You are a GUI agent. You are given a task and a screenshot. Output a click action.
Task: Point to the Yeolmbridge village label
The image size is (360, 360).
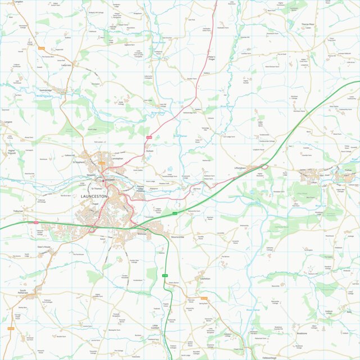[x=45, y=90]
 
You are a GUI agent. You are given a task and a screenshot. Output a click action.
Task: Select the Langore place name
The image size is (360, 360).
[x=7, y=121]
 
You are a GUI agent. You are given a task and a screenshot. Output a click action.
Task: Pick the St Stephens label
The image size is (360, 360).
[x=78, y=162]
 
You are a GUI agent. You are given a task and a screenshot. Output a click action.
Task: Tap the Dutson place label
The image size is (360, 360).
[x=149, y=151]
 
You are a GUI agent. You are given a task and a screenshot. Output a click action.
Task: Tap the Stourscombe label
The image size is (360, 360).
[x=177, y=238]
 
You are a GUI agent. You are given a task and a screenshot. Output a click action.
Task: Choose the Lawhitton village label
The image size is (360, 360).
[x=204, y=279]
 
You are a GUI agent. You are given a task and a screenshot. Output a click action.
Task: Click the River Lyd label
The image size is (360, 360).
[x=320, y=206]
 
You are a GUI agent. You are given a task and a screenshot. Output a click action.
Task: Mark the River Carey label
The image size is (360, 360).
[x=227, y=106]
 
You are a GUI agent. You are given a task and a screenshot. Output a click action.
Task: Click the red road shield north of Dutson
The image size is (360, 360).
[x=149, y=137]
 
